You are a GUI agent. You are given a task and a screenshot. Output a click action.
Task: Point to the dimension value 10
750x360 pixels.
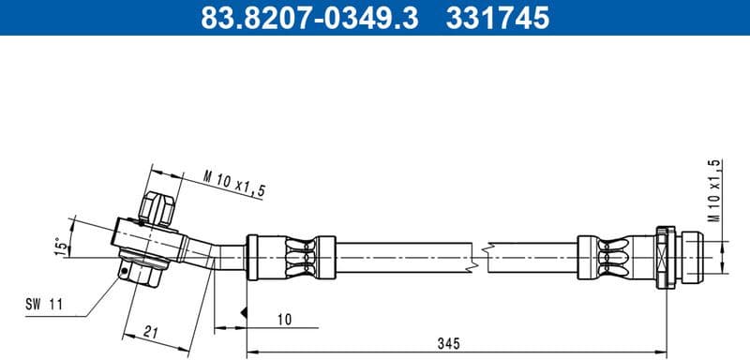tap(284, 320)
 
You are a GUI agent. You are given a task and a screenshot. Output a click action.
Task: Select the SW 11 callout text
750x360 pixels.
tap(42, 304)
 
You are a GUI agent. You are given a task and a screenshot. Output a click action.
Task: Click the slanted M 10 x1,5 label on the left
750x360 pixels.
tap(234, 184)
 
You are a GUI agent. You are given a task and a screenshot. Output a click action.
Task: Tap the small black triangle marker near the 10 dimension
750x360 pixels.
tap(244, 310)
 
